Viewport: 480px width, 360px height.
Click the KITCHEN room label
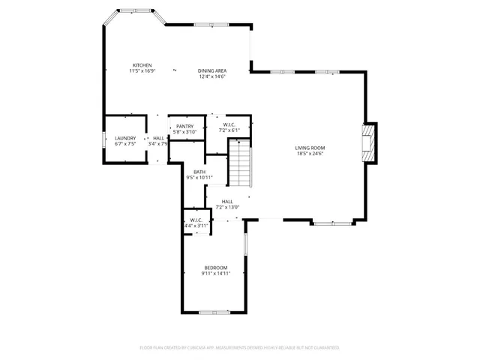(142, 65)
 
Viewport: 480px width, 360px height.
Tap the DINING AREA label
(212, 70)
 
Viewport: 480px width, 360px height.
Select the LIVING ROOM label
(309, 148)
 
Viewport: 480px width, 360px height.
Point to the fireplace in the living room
(367, 142)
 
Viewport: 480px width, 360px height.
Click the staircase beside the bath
(238, 166)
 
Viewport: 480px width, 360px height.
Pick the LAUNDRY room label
(125, 138)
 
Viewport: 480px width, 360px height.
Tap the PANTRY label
(185, 126)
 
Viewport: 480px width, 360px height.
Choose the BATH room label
(199, 172)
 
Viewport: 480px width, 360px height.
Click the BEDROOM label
(216, 268)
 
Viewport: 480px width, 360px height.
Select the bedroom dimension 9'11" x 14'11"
(216, 274)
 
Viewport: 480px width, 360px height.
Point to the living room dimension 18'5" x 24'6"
(309, 154)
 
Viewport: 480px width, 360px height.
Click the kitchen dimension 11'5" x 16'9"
(142, 71)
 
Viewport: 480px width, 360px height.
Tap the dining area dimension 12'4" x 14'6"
(212, 76)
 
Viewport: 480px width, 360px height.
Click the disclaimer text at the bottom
(240, 348)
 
